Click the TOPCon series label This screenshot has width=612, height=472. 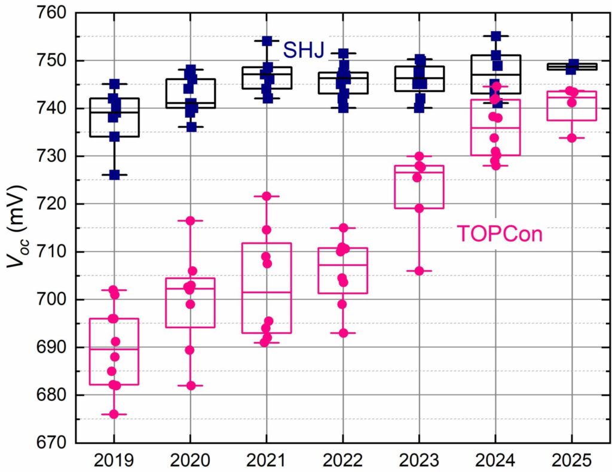[x=500, y=234]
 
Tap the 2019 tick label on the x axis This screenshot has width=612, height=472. [x=114, y=461]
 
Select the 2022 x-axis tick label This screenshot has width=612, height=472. [x=342, y=461]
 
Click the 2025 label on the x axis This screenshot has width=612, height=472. [x=572, y=461]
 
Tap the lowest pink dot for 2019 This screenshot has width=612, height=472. [x=114, y=414]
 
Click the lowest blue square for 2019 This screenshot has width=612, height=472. [x=114, y=175]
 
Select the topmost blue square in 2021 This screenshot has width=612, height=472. [x=267, y=41]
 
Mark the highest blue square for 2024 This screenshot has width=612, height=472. [x=496, y=36]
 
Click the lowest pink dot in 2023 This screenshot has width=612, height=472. [x=420, y=271]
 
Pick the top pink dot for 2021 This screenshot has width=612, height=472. [x=267, y=196]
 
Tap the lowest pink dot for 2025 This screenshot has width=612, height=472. [x=572, y=137]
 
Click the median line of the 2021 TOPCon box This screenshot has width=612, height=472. [x=267, y=292]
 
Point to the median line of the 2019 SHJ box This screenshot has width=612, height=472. [x=114, y=112]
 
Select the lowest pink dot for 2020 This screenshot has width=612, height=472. [x=191, y=385]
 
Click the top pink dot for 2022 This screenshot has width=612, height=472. [x=343, y=228]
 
